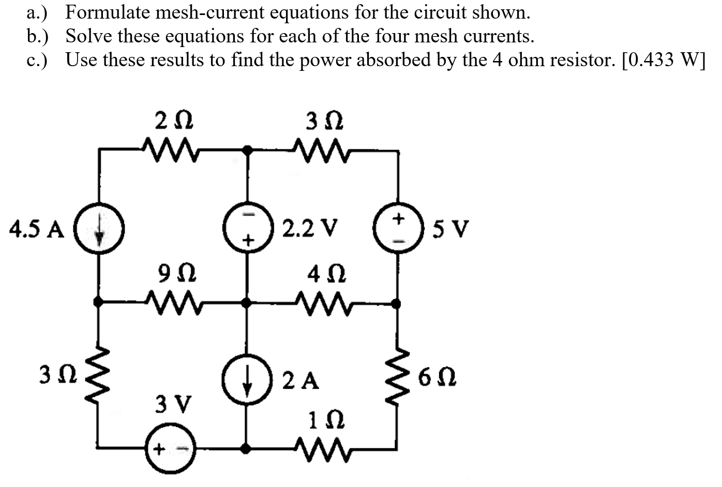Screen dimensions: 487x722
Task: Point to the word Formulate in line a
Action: [108, 12]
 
